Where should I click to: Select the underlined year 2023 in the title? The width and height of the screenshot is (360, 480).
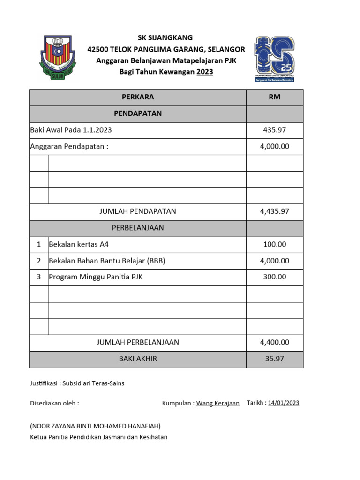click(204, 72)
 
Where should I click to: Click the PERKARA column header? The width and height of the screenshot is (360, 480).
click(138, 97)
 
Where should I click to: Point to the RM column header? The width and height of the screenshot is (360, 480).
click(275, 97)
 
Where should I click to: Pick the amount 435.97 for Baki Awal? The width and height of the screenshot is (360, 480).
click(275, 130)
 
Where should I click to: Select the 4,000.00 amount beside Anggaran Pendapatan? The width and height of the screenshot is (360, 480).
click(275, 146)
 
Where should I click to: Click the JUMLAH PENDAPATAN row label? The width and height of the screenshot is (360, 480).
click(138, 211)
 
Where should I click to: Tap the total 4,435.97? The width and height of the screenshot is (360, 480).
click(275, 211)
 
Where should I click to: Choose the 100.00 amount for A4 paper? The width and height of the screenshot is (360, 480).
click(275, 244)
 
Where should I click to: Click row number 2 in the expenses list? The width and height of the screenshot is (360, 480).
click(39, 261)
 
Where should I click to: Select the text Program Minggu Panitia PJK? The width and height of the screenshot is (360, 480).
click(96, 277)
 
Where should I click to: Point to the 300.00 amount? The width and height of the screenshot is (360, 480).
click(275, 277)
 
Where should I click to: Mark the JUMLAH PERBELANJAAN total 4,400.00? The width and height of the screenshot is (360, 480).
click(275, 342)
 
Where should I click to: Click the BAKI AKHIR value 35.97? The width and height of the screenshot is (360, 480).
click(275, 359)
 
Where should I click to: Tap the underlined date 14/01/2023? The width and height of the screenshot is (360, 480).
click(284, 403)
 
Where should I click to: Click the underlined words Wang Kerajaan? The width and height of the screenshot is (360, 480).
click(217, 403)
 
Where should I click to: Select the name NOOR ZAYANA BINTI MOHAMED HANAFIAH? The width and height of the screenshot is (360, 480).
click(95, 426)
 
